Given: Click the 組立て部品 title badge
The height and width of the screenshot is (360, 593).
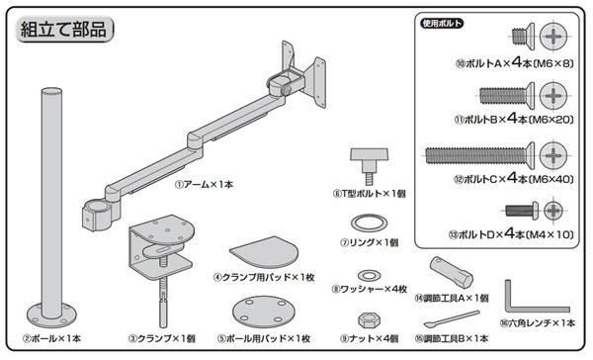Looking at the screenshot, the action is pyautogui.click(x=64, y=30).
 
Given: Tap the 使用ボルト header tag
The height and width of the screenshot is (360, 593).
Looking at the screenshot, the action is pyautogui.click(x=442, y=24).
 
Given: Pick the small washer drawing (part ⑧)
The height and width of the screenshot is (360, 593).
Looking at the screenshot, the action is pyautogui.click(x=369, y=275).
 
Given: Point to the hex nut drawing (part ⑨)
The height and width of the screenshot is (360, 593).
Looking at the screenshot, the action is pyautogui.click(x=369, y=320).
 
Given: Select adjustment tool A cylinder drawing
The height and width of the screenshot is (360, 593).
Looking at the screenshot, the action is pyautogui.click(x=452, y=271).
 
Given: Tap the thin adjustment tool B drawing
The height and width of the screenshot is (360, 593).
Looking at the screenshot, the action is pyautogui.click(x=452, y=319).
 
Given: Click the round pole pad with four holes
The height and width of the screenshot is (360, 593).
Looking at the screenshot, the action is pyautogui.click(x=264, y=312).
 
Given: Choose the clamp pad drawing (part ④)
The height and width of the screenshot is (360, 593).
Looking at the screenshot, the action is pyautogui.click(x=264, y=252).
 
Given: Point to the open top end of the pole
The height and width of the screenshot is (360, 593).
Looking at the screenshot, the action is pyautogui.click(x=51, y=92).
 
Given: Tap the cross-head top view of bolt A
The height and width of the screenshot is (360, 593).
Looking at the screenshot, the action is pyautogui.click(x=553, y=37).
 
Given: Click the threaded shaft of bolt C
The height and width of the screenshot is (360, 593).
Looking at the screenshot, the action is pyautogui.click(x=475, y=155).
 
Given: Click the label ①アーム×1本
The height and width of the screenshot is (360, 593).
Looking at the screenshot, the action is pyautogui.click(x=204, y=184).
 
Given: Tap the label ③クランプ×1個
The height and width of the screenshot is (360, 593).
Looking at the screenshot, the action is pyautogui.click(x=161, y=338).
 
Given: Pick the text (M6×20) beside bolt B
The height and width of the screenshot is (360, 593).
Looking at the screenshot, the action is pyautogui.click(x=551, y=120).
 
